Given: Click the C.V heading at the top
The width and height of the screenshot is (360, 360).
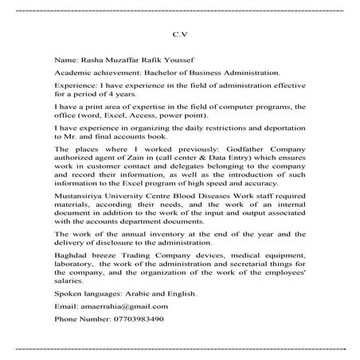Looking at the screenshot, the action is pyautogui.click(x=179, y=34).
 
